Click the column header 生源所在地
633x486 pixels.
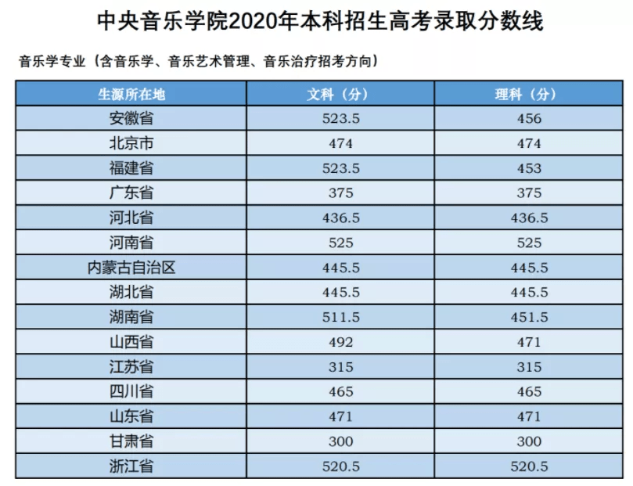click(131, 94)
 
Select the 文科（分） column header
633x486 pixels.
click(340, 94)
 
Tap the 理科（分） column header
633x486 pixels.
click(529, 94)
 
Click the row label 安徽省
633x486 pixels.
click(131, 118)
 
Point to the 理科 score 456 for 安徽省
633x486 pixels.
click(529, 119)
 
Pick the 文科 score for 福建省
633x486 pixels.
click(340, 168)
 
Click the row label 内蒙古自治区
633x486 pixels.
click(131, 268)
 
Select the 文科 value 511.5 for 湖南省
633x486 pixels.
click(340, 317)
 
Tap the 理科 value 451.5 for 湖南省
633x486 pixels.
click(529, 317)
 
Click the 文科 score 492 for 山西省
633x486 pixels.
click(340, 342)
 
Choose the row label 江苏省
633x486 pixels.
click(131, 367)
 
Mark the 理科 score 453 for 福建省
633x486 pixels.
click(529, 168)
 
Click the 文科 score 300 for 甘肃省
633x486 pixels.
click(340, 441)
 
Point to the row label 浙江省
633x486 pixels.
click(131, 466)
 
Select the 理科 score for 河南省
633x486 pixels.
click(529, 243)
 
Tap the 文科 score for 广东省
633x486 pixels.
click(340, 193)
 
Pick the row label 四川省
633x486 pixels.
click(131, 391)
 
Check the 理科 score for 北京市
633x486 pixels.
click(529, 144)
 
